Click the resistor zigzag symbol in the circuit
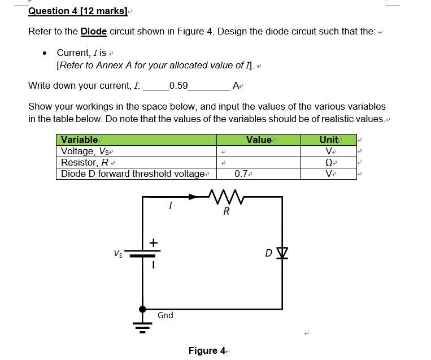(225, 197)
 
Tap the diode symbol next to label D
(282, 252)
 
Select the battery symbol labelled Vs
(142, 254)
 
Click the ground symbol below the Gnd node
(142, 327)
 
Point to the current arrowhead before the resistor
(194, 197)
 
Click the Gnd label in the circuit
(165, 315)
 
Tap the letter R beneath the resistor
(226, 212)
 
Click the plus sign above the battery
(153, 242)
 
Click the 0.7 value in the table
(241, 174)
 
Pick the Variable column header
(80, 140)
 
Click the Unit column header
(329, 140)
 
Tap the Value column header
(259, 140)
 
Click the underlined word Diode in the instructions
(94, 31)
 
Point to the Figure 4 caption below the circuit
(207, 351)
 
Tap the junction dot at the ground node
(142, 309)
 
